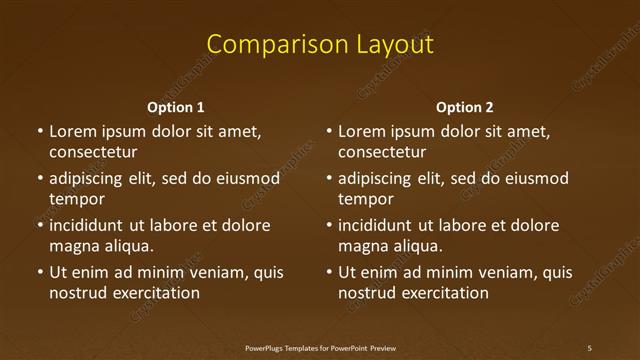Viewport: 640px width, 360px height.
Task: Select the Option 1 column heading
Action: tap(176, 107)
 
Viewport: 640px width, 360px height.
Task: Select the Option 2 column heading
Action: tap(465, 107)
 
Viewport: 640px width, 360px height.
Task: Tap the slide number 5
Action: tap(589, 348)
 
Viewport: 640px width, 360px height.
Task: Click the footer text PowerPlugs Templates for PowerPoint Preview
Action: tap(320, 348)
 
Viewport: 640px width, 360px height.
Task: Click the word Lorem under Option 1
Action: tap(72, 131)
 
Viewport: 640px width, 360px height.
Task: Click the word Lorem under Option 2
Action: tap(361, 131)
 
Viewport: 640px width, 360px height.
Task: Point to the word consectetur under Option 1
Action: tap(93, 152)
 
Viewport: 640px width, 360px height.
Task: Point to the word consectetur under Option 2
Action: tap(382, 152)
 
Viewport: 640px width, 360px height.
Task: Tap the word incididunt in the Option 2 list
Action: tap(375, 225)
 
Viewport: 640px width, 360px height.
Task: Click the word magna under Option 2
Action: tap(363, 246)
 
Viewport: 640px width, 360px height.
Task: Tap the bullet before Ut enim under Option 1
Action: tap(40, 272)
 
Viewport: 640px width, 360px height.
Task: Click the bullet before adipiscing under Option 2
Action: tap(329, 179)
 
